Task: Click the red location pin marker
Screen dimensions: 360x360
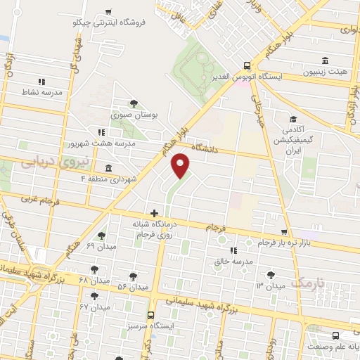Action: point(181,165)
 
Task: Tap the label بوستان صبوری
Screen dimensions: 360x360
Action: point(134,114)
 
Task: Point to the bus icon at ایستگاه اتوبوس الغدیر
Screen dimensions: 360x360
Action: point(246,62)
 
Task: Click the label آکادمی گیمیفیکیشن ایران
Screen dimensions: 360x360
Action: point(291,136)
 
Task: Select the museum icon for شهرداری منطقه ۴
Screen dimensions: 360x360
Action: point(108,169)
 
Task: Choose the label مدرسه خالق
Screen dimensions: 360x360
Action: point(233,261)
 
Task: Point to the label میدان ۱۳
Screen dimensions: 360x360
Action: point(270,285)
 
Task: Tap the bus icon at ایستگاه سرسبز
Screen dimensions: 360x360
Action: point(152,316)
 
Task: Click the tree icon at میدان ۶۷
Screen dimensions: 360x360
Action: point(94,297)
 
